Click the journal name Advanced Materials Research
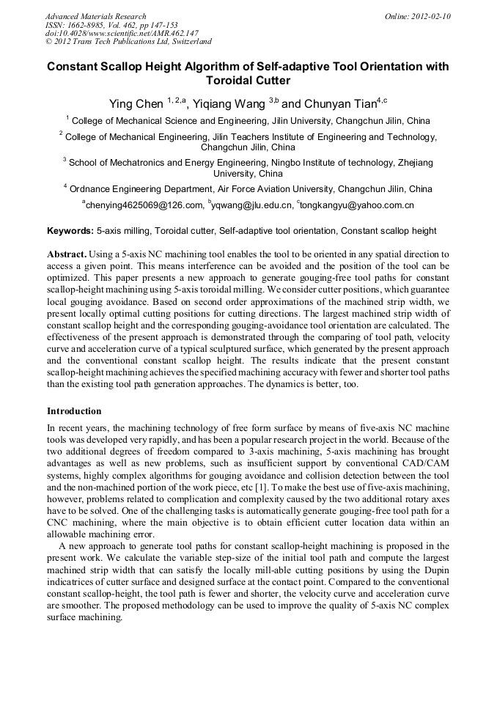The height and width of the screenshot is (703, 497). click(95, 16)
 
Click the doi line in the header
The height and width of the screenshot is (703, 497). click(122, 34)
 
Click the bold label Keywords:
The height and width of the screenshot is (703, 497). click(70, 231)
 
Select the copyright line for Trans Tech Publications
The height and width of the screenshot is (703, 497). click(128, 43)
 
